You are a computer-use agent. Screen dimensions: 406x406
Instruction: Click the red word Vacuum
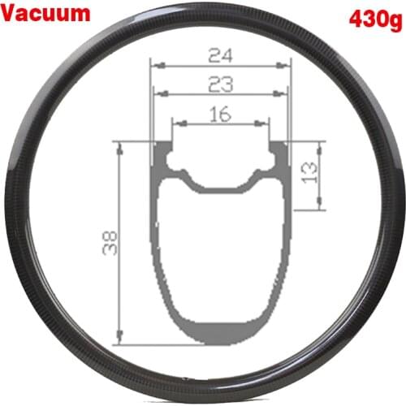48,14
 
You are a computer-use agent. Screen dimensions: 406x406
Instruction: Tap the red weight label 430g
373,18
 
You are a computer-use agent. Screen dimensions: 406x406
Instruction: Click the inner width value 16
219,114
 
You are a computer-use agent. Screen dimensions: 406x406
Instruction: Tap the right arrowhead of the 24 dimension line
287,64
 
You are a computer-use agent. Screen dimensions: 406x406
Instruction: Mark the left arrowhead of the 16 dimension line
175,123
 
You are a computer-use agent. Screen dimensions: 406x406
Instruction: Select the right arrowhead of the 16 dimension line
265,123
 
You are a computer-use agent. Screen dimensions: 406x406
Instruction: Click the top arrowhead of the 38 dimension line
119,145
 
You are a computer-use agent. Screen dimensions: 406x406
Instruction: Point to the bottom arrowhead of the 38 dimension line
119,339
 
